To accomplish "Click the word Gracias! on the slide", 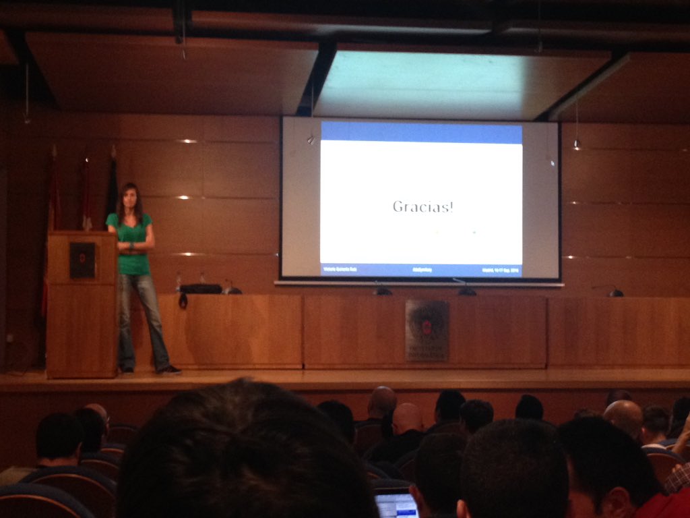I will coord(422,206).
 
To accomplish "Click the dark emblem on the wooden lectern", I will coord(82,259).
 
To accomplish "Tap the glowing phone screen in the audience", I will coord(396,505).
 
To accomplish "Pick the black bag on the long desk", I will coord(200,289).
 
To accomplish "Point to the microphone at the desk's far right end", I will coord(615,292).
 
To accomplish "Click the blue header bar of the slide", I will coord(421,132).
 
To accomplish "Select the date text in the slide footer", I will coord(500,270).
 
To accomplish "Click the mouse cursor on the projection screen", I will coord(553,163).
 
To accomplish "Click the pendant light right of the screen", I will coord(577,144).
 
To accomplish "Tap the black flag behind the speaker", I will coord(112,185).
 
